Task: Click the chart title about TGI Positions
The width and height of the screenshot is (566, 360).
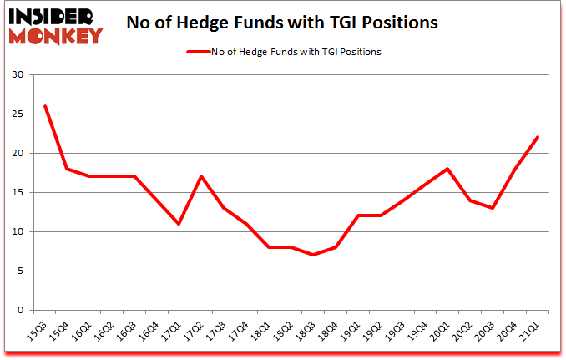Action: pyautogui.click(x=282, y=23)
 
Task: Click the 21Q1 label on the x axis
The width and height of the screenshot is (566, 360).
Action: pyautogui.click(x=532, y=332)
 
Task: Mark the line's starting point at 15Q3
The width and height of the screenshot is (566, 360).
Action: pyautogui.click(x=45, y=106)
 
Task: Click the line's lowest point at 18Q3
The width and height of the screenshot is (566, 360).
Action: pyautogui.click(x=313, y=255)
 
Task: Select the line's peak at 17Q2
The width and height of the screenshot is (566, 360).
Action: pyautogui.click(x=201, y=176)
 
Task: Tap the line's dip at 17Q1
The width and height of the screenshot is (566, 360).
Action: pyautogui.click(x=179, y=224)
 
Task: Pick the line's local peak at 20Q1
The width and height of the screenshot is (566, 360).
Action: pyautogui.click(x=448, y=169)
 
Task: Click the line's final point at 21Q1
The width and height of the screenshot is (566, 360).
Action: pyautogui.click(x=538, y=137)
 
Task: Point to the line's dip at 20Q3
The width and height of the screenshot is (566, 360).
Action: pyautogui.click(x=493, y=208)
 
